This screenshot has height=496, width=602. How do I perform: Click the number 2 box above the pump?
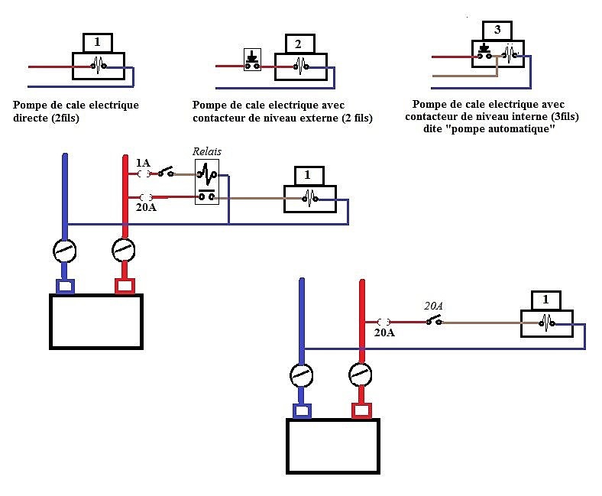click(x=300, y=44)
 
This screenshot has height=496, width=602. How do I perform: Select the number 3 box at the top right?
click(x=497, y=31)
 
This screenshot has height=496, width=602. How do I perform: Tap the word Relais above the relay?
click(x=207, y=151)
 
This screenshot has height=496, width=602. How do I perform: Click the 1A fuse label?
click(x=143, y=163)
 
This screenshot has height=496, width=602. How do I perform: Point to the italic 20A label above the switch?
click(x=433, y=306)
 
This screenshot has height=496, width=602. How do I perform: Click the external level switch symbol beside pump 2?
click(x=252, y=60)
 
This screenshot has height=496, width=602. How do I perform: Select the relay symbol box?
click(x=207, y=182)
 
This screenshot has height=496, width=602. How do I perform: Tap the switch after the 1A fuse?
click(x=166, y=172)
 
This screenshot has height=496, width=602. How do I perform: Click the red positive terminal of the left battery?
click(x=125, y=287)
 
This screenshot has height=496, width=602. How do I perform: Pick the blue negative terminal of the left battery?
click(x=65, y=287)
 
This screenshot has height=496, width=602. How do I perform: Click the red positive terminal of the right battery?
click(x=361, y=410)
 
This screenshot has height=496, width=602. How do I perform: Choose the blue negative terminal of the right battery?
click(x=302, y=411)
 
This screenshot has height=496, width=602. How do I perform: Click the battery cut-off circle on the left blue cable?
click(x=64, y=251)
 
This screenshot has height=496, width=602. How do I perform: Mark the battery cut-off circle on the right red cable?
click(x=361, y=374)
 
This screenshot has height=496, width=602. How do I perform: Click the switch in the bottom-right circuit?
click(x=434, y=320)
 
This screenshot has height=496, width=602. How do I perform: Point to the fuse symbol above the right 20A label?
click(x=384, y=322)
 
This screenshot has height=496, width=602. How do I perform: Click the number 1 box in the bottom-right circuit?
click(x=546, y=300)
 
